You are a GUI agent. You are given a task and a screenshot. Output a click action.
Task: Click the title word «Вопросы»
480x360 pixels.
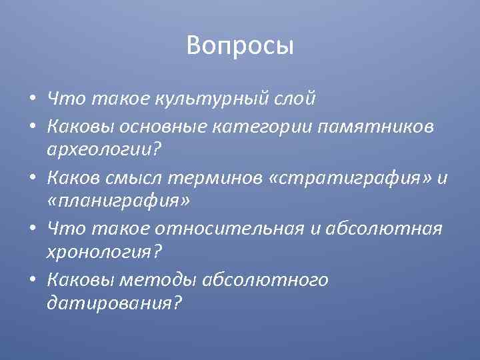point(240,45)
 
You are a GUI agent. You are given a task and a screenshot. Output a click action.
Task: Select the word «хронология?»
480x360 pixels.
point(105,253)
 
